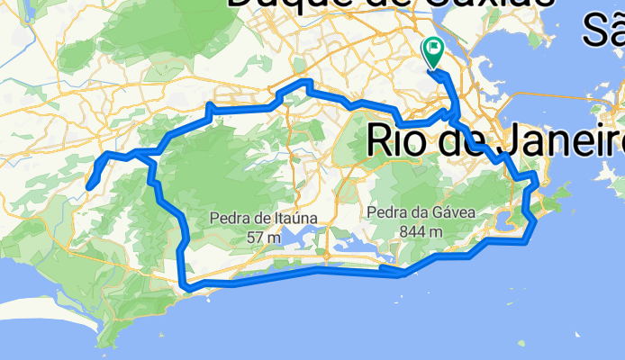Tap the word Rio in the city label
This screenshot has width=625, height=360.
click(x=402, y=140)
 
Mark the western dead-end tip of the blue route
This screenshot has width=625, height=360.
click(x=88, y=187)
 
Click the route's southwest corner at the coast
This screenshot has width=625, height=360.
click(x=186, y=285)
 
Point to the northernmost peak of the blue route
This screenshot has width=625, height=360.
click(x=306, y=83)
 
